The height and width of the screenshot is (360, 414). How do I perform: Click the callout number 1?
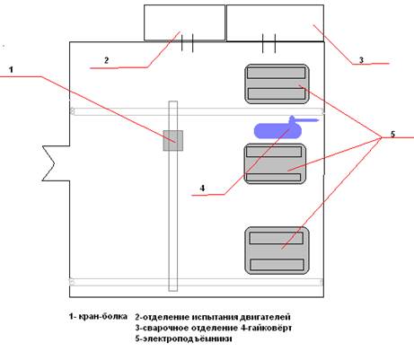pyautogui.click(x=11, y=70)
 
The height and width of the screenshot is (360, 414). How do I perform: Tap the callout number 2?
pyautogui.click(x=106, y=60)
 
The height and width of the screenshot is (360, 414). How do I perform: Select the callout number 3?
pyautogui.click(x=361, y=60)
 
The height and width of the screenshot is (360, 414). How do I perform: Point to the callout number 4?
pyautogui.click(x=203, y=189)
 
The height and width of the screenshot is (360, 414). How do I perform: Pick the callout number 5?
pyautogui.click(x=392, y=134)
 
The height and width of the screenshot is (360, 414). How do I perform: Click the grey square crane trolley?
pyautogui.click(x=173, y=140)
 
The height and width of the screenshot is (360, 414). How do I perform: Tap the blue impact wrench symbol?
pyautogui.click(x=286, y=127)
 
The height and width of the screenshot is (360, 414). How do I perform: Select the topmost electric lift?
pyautogui.click(x=277, y=83)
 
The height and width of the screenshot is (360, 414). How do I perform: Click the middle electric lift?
pyautogui.click(x=275, y=163)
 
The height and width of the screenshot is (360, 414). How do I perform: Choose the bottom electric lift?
pyautogui.click(x=277, y=250)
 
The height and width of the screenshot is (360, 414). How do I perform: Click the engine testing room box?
pyautogui.click(x=184, y=22)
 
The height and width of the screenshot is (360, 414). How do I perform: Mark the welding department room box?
pyautogui.click(x=275, y=22)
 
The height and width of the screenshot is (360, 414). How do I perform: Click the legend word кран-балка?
pyautogui.click(x=102, y=316)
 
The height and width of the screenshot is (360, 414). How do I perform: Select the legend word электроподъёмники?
pyautogui.click(x=187, y=339)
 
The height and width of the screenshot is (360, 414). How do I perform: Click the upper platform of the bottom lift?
pyautogui.click(x=277, y=238)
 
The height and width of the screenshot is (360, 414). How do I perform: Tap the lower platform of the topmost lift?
pyautogui.click(x=277, y=93)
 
